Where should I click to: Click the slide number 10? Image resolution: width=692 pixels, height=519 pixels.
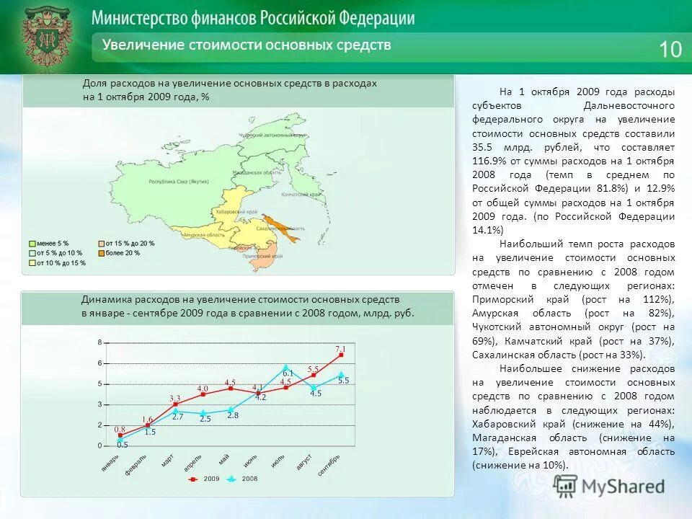point(670,49)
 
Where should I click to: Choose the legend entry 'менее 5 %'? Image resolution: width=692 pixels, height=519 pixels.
point(51,244)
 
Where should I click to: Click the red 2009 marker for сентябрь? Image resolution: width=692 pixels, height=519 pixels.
point(341,355)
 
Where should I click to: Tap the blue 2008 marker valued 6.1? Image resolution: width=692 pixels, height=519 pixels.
point(286,367)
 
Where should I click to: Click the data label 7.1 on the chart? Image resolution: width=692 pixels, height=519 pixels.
point(340,348)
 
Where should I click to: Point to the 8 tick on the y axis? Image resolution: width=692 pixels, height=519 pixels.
point(100,342)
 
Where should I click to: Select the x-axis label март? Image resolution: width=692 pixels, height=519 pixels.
point(167,461)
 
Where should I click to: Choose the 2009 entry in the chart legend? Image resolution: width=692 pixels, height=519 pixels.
point(205,479)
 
